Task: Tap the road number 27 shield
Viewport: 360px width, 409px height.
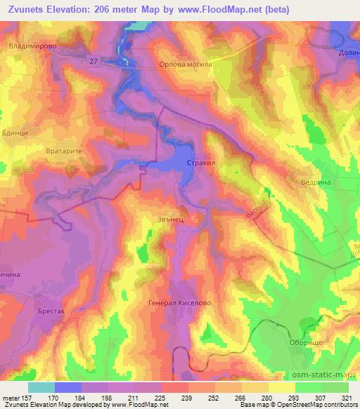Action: pyautogui.click(x=94, y=62)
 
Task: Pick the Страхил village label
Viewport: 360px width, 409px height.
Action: pyautogui.click(x=200, y=162)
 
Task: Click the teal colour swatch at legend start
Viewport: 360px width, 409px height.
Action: pyautogui.click(x=41, y=387)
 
